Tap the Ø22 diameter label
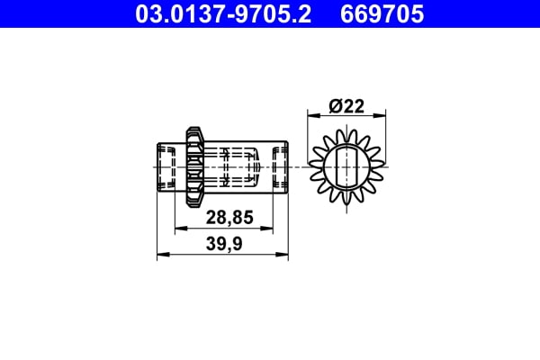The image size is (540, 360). (346, 105)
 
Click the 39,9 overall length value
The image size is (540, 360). (224, 244)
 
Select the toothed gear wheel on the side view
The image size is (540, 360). (193, 166)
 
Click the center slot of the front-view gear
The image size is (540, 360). (346, 166)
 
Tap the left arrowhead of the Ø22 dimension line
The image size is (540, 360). (313, 115)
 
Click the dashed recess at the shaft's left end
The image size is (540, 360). (165, 166)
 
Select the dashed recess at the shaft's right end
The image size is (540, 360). (280, 166)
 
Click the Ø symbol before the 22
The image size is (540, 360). (334, 105)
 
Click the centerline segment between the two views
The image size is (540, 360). (301, 166)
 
